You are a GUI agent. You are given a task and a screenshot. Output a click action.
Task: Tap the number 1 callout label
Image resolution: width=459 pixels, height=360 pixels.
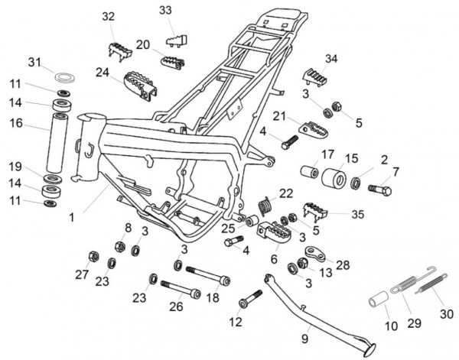coord(70,218)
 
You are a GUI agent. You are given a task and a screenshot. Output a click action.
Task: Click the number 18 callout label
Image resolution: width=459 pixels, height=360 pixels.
coord(213,297)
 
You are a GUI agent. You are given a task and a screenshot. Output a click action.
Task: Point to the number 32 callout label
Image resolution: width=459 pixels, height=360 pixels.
coord(109,17)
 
